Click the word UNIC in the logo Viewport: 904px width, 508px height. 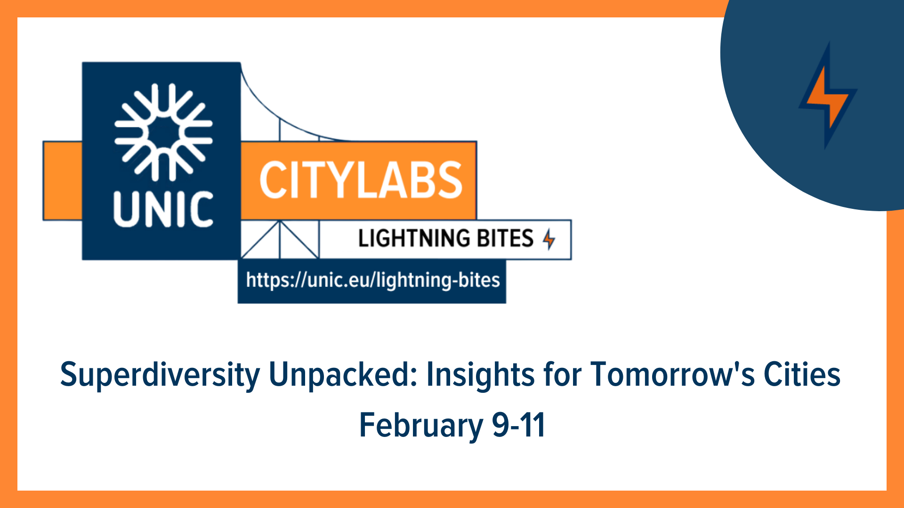click(x=163, y=209)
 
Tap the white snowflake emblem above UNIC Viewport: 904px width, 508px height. click(x=163, y=132)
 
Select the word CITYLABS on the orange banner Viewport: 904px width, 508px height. click(x=361, y=180)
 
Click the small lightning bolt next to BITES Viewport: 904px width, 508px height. click(x=549, y=239)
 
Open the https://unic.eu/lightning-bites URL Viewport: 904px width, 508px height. click(x=372, y=280)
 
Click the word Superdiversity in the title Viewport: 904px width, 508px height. click(x=160, y=375)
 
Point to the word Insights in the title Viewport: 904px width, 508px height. click(x=480, y=374)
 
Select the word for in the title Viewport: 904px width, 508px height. click(x=562, y=374)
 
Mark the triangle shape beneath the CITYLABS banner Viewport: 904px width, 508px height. click(x=280, y=239)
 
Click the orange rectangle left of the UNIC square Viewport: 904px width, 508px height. click(x=63, y=181)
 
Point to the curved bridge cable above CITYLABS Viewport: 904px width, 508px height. click(x=282, y=118)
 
